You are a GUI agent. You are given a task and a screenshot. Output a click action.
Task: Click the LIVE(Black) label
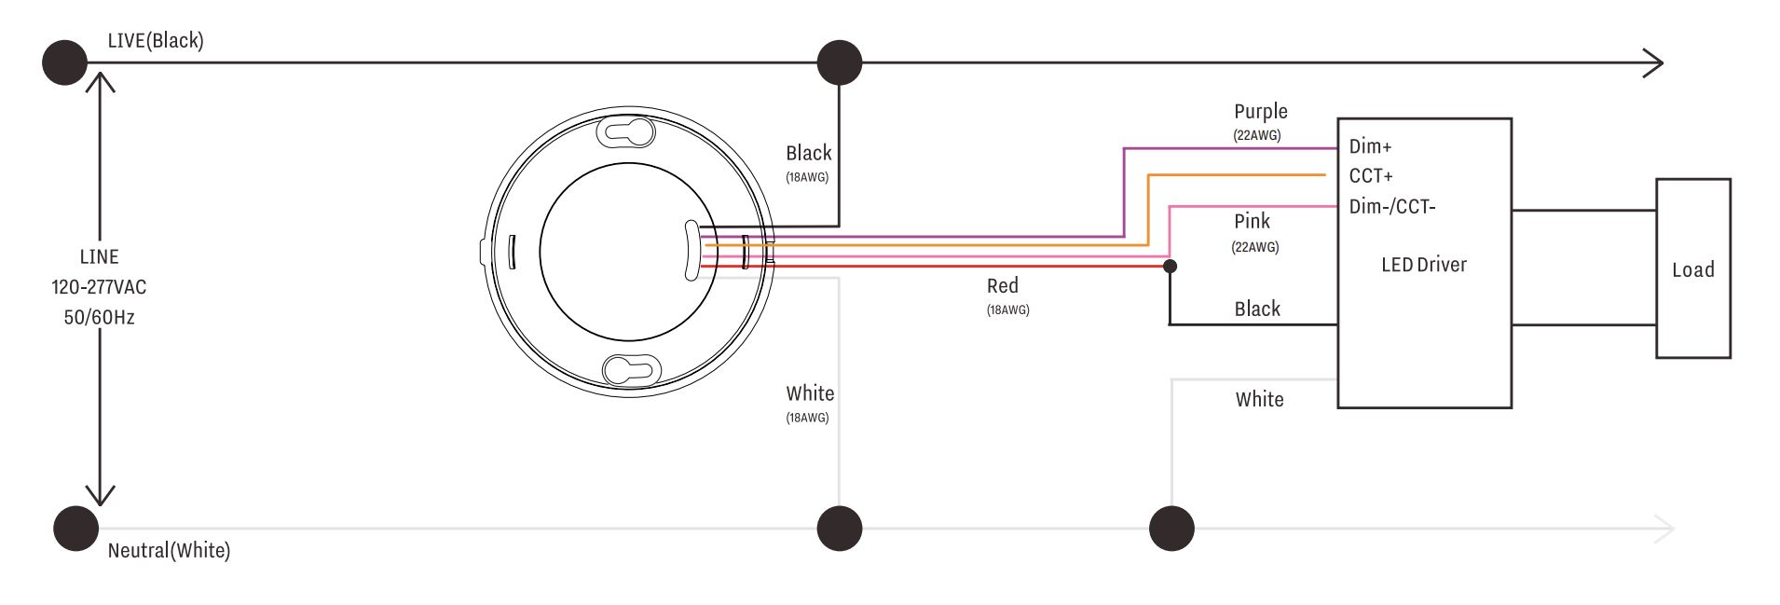pos(156,40)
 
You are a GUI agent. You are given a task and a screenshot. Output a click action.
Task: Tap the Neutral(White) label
pos(169,550)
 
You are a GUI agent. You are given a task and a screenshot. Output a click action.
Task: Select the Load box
pos(1692,268)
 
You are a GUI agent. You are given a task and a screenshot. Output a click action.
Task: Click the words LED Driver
pos(1423,265)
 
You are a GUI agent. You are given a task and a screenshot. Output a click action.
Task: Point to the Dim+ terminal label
pos(1370,146)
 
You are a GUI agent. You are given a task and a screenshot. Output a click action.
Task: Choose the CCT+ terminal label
pos(1371,176)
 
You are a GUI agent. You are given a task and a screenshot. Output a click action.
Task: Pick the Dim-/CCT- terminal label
pos(1392,206)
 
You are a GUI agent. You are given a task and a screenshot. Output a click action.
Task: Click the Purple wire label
pos(1260,112)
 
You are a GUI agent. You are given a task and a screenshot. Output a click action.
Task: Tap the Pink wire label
pos(1252,221)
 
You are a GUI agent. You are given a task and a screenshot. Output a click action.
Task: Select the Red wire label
pos(1003,285)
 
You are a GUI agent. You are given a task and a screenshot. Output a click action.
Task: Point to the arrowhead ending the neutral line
pos(1664,529)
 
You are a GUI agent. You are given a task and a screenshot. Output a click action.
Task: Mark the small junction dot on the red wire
pos(1171,267)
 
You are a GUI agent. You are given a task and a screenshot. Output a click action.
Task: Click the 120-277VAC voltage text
pos(99,287)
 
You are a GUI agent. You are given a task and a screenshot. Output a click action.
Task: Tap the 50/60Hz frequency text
pos(99,317)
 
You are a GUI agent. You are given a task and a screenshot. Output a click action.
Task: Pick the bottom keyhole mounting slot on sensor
pos(632,370)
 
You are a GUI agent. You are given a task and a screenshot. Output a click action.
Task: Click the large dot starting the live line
pos(64,62)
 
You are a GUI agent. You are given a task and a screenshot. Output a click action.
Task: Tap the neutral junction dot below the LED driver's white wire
pos(1171,529)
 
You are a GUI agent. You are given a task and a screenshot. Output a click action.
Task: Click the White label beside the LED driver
pos(1259,399)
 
